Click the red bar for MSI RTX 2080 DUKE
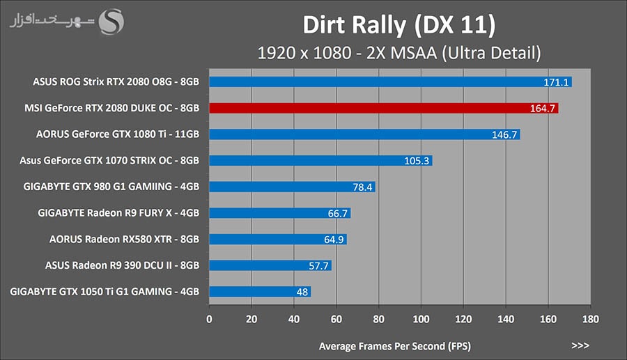point(383,108)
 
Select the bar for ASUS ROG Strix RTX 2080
point(390,81)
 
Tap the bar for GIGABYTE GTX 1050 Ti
point(260,292)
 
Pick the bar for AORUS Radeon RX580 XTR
point(277,240)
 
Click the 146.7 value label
point(504,134)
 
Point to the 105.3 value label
point(417,161)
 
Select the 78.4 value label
point(362,187)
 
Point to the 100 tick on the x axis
point(421,320)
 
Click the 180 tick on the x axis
point(590,320)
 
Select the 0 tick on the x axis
point(209,320)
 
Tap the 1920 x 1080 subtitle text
point(399,52)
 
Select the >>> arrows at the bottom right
point(580,345)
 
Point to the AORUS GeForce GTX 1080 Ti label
point(118,134)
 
